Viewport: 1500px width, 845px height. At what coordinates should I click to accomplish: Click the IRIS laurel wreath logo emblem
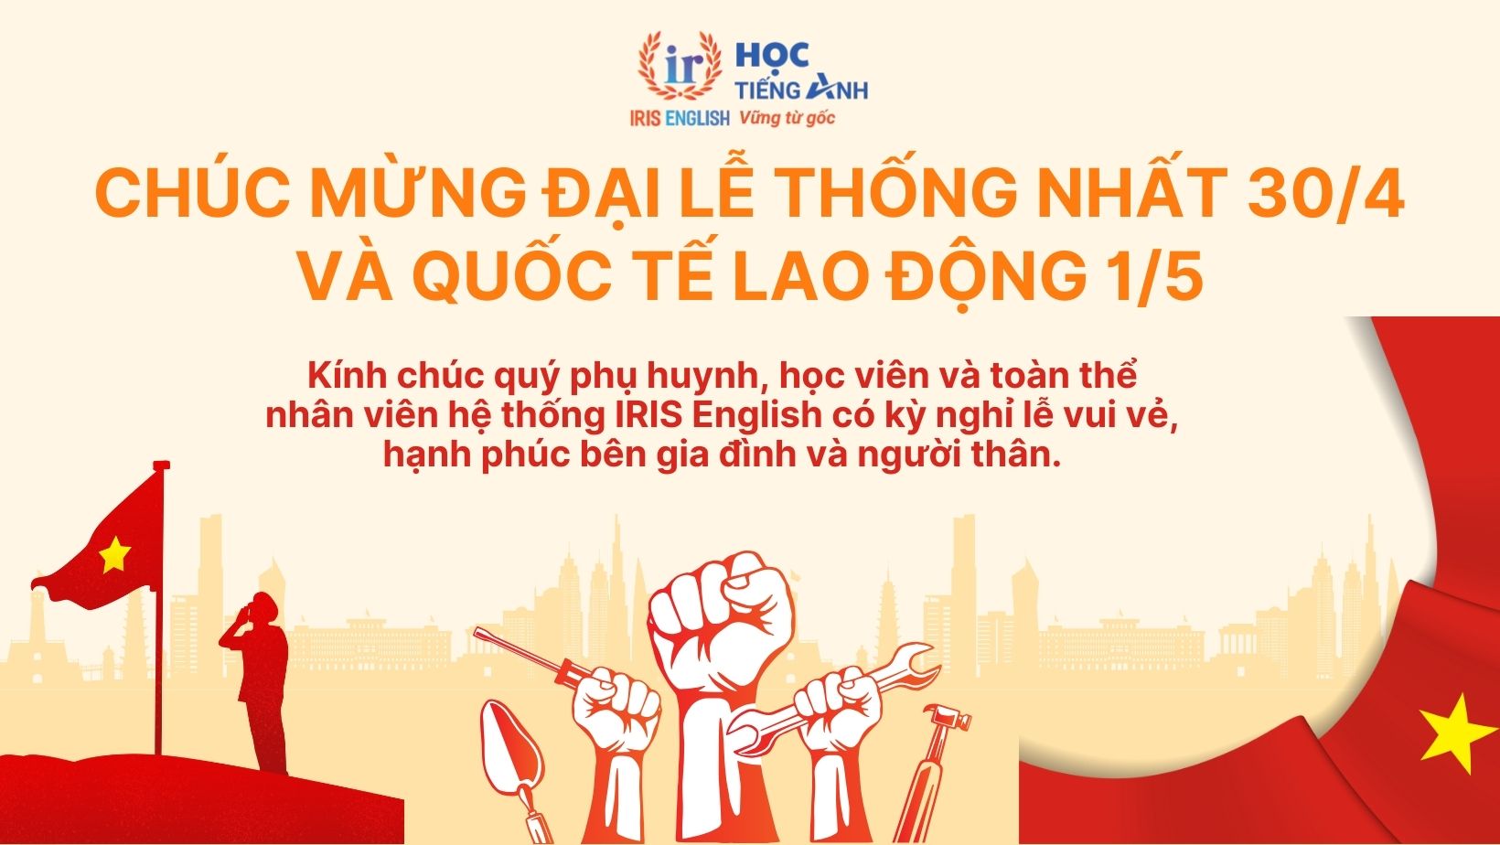coord(679,66)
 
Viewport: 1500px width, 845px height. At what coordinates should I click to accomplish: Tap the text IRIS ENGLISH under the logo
coord(679,118)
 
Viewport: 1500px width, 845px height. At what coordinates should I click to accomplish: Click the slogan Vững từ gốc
coord(787,117)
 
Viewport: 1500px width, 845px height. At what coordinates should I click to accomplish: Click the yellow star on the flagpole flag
coord(114,553)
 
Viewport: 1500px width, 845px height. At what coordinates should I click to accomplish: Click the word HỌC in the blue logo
coord(774,57)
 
